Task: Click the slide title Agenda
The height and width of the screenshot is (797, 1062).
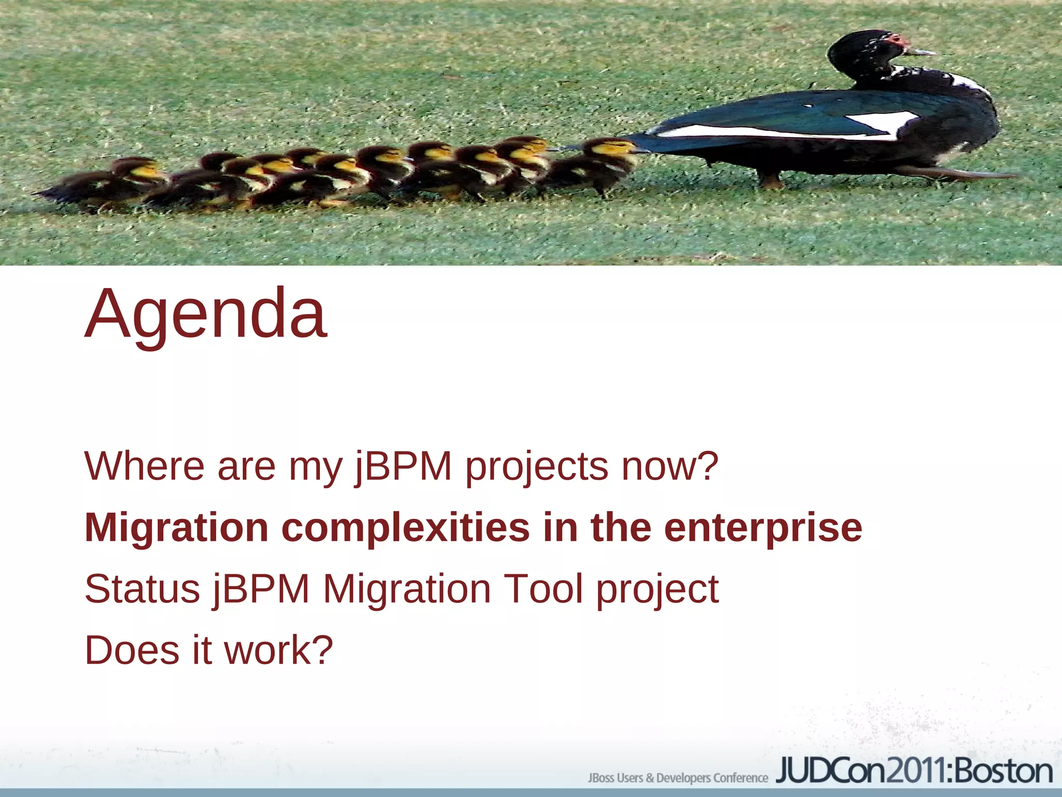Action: tap(206, 314)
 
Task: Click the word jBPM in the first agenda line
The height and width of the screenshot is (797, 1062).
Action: tap(403, 466)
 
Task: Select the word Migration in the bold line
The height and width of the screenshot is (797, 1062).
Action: tap(176, 528)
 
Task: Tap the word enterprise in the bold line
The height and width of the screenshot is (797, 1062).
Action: tap(763, 528)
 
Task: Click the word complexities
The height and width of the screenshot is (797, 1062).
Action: tap(405, 528)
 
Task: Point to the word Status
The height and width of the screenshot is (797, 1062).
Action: tap(142, 589)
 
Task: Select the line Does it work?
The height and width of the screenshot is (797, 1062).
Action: tap(208, 650)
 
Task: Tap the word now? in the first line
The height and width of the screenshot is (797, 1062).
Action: tap(669, 466)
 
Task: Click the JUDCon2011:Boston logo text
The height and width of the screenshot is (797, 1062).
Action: tap(914, 771)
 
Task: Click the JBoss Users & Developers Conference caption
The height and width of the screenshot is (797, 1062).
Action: tap(677, 778)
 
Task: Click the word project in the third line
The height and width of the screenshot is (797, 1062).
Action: tap(657, 590)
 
